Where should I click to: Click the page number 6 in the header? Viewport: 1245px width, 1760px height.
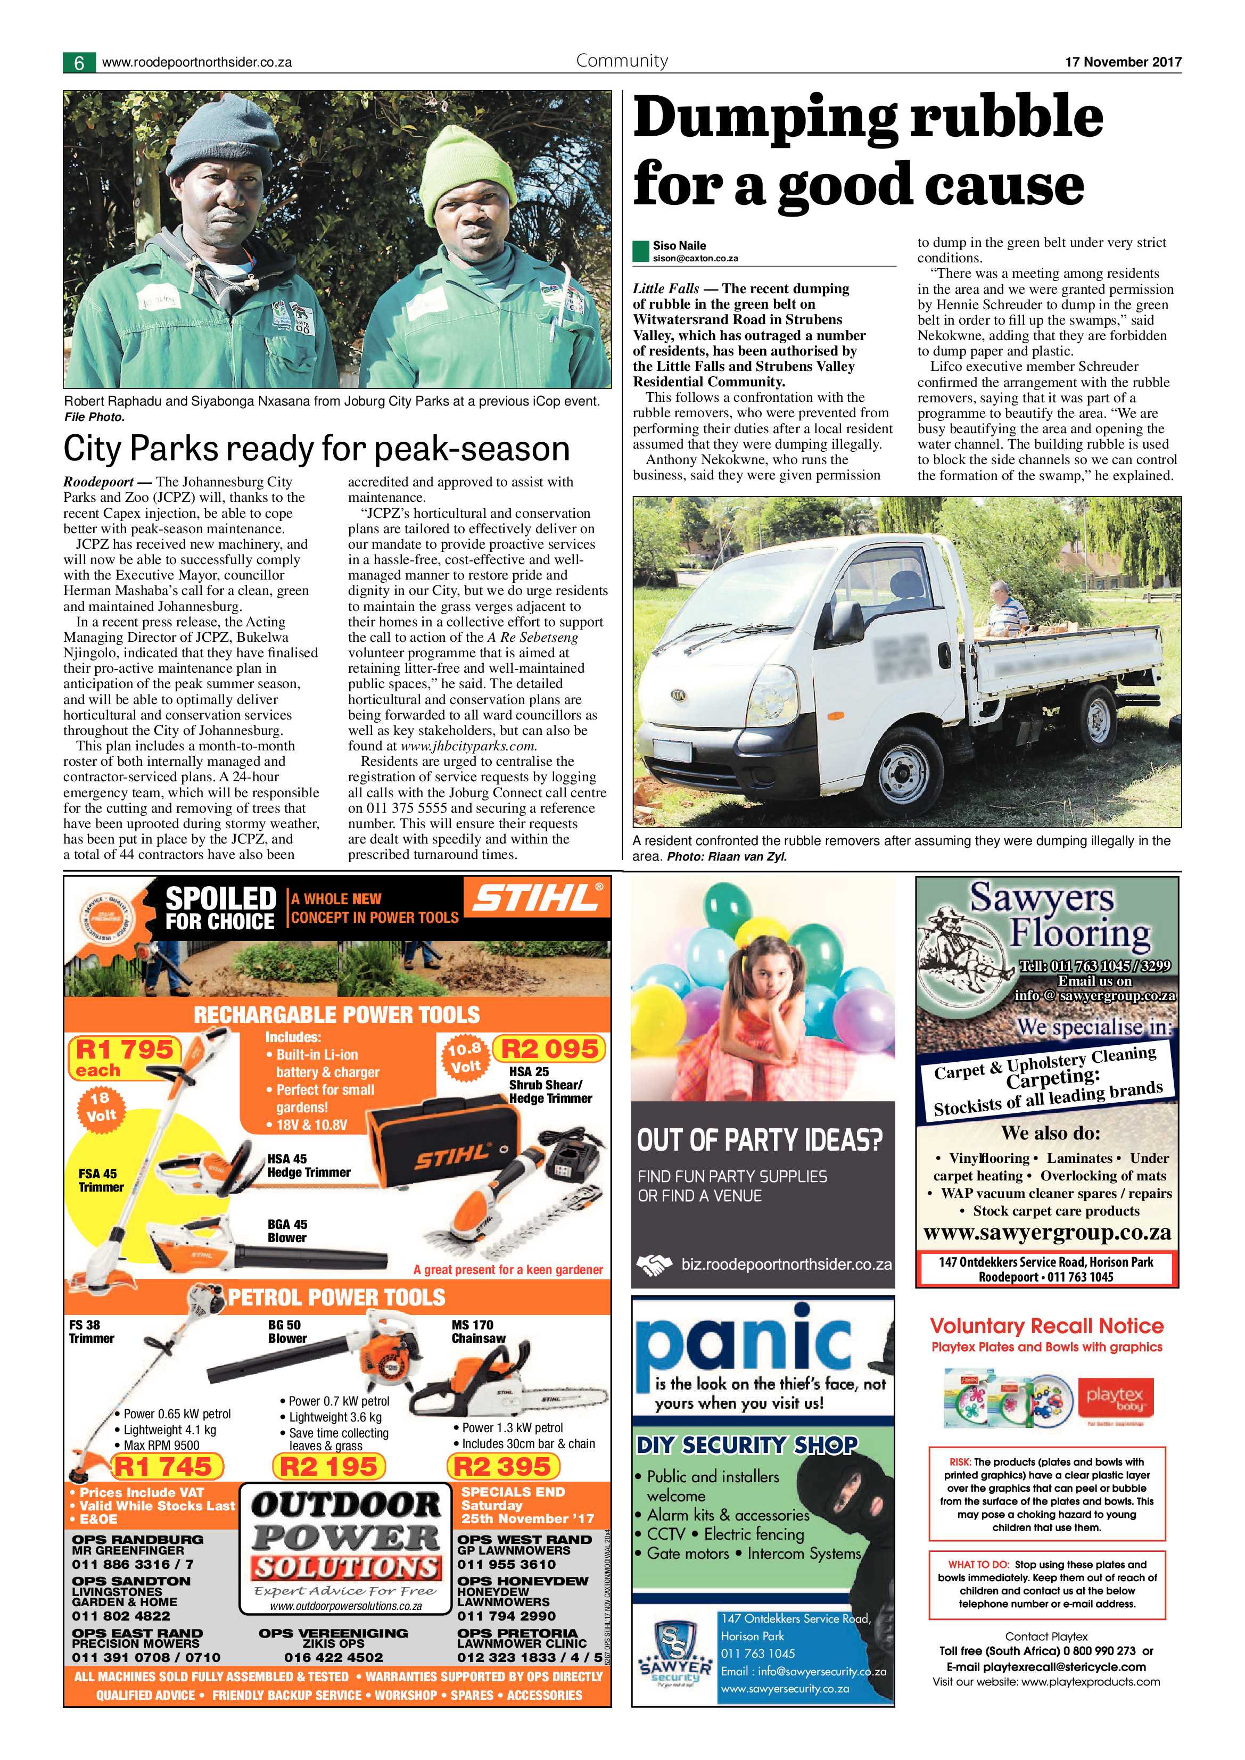coord(79,63)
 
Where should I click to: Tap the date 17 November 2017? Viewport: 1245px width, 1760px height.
coord(1123,62)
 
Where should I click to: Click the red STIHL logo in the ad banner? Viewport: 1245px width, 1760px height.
coord(535,898)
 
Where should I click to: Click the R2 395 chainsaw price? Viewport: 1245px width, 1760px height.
coord(503,1466)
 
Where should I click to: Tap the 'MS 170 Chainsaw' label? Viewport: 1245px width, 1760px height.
coord(477,1332)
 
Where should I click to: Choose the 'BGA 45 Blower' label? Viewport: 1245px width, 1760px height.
coord(287,1231)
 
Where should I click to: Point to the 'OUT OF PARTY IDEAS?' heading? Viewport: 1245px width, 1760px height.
coord(760,1140)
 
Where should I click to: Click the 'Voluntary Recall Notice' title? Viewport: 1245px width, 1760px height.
coord(1046,1326)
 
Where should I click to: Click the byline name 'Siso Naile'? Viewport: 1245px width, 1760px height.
coord(679,245)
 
